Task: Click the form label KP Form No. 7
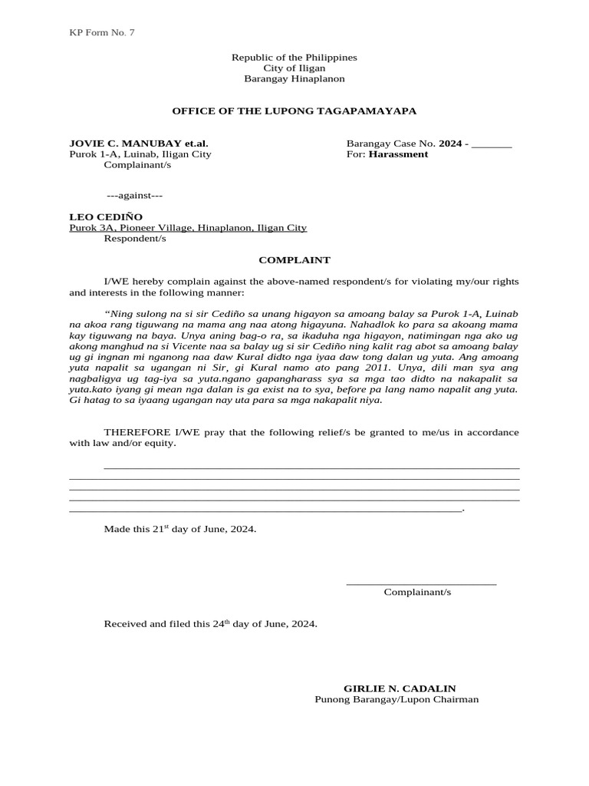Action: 102,32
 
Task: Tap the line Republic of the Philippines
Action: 294,58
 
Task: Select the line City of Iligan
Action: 294,68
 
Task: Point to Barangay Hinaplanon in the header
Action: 294,79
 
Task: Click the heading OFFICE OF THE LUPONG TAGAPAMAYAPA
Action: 294,111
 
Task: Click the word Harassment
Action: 398,154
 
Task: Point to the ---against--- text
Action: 133,196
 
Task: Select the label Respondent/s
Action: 135,239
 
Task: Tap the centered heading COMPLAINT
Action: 294,260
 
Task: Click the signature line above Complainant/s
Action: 421,584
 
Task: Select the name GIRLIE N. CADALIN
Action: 400,689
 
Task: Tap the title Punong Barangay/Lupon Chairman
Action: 397,699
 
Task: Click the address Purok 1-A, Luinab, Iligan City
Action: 140,154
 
